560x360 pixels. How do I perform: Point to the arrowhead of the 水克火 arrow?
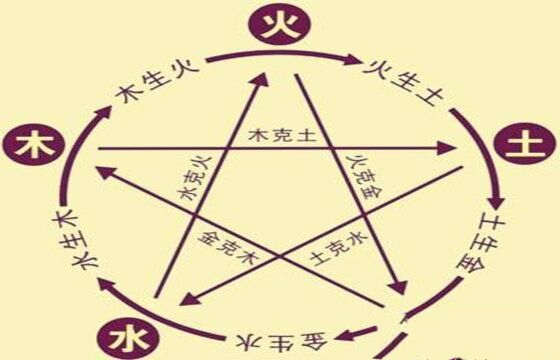pyautogui.click(x=263, y=76)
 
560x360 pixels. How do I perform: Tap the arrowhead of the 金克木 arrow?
pyautogui.click(x=103, y=171)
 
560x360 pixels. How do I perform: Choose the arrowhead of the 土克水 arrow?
pyautogui.click(x=186, y=298)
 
